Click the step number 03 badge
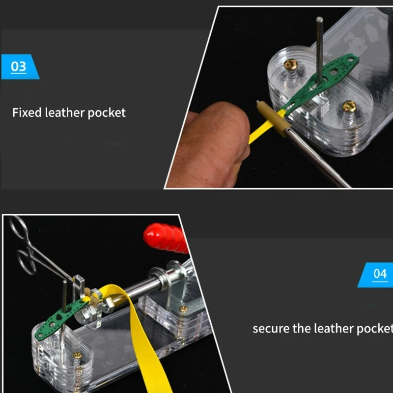(x=20, y=67)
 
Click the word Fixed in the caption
(x=27, y=112)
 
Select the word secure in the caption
(x=271, y=329)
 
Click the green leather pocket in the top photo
(x=321, y=83)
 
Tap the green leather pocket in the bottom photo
(x=61, y=318)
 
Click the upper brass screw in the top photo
(x=291, y=64)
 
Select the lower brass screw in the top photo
(x=349, y=106)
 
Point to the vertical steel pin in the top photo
(x=319, y=50)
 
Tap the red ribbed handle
(x=166, y=238)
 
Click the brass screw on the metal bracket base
(x=184, y=309)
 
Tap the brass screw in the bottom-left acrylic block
(x=77, y=355)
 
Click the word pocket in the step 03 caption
(x=107, y=113)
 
